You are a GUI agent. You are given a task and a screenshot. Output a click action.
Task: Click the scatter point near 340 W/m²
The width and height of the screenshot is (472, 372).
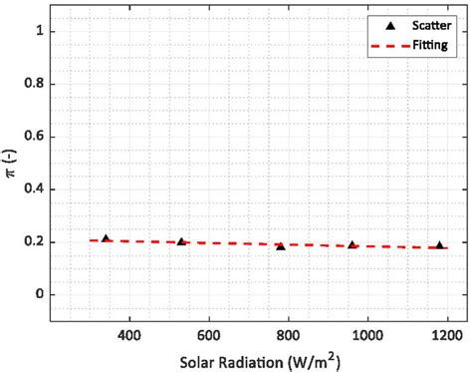106,239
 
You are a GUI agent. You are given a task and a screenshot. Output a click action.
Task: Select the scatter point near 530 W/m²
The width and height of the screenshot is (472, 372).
181,241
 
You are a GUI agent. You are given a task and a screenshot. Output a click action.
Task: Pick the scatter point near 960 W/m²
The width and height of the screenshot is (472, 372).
353,244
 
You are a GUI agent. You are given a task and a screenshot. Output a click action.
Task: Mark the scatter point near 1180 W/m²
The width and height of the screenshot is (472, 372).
439,245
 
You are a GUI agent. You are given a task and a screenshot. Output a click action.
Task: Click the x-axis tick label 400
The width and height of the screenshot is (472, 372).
128,338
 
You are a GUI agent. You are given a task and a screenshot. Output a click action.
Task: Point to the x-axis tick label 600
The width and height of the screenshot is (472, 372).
208,338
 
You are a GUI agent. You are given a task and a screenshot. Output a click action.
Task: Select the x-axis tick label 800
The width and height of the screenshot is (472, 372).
288,338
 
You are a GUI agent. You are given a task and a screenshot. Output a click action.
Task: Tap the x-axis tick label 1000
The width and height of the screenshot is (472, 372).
367,338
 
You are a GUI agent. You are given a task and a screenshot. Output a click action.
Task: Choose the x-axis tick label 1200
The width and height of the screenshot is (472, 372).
447,338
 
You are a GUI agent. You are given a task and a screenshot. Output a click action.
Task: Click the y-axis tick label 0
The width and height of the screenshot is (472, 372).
41,295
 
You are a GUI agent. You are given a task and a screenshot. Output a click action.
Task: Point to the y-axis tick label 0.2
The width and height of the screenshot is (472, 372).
36,242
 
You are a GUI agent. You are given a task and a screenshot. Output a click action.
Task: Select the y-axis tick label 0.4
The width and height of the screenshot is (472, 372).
36,189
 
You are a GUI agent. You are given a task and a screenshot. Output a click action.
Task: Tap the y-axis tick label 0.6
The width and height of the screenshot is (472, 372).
36,137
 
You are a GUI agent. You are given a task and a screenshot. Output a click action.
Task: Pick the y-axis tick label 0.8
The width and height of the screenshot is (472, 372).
36,84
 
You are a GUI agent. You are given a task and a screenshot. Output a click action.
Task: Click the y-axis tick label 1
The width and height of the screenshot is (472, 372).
41,31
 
